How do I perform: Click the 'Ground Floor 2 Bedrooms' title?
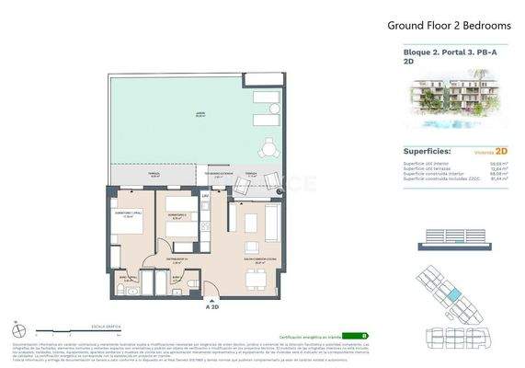coord(436,26)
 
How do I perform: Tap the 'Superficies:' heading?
coord(428,151)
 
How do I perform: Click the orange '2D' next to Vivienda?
coord(502,151)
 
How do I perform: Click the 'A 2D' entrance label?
coord(213,309)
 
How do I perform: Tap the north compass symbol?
coord(18,329)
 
